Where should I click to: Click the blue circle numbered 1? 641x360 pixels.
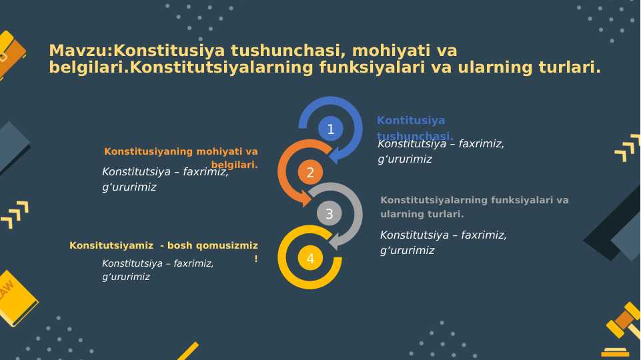click(330, 129)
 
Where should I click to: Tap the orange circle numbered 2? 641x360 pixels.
click(310, 173)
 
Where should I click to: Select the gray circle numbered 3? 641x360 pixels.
click(329, 214)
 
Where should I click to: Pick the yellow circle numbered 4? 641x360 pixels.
click(310, 258)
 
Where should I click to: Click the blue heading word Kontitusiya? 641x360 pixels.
click(411, 121)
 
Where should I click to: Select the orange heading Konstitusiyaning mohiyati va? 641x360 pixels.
click(181, 151)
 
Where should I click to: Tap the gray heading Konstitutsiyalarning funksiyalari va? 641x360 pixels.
click(474, 200)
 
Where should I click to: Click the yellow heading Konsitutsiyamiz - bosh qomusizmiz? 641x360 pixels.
click(163, 246)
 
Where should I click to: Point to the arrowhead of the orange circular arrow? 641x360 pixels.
click(307, 198)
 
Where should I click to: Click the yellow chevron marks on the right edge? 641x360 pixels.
click(628, 148)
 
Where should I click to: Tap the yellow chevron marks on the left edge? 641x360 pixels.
click(15, 214)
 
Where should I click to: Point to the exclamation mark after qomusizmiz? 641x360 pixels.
click(256, 259)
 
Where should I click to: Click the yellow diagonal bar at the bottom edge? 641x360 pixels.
click(188, 351)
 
